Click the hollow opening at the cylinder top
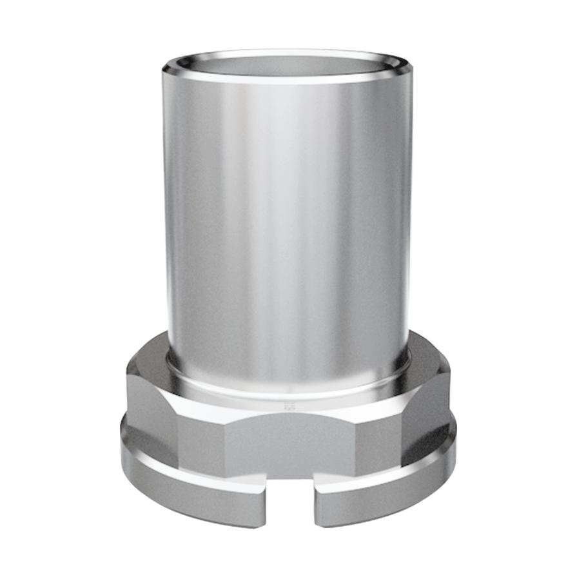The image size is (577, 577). [x=287, y=64]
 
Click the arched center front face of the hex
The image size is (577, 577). [x=290, y=445]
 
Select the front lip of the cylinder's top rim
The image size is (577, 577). [x=287, y=79]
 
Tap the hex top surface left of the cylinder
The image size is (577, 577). [x=152, y=364]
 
